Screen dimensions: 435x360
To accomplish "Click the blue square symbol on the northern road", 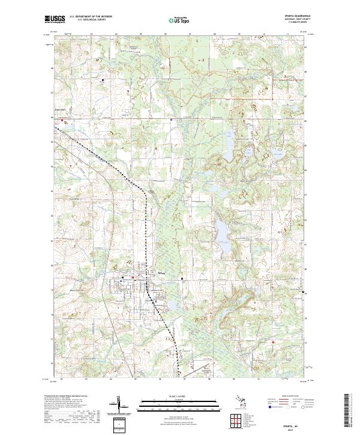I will pyautogui.click(x=172, y=119).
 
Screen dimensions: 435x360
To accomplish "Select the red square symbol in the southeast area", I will pyautogui.click(x=273, y=344).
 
